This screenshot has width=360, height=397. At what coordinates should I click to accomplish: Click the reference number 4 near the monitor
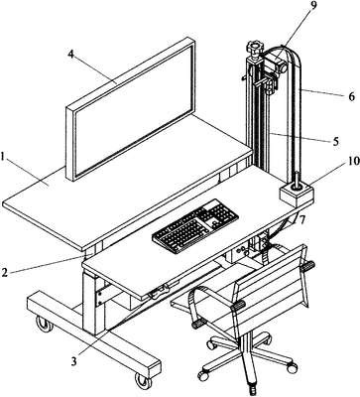tap(71, 55)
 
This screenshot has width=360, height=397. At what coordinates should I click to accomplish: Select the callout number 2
tap(4, 272)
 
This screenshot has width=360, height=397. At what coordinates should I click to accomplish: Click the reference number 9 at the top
tap(313, 7)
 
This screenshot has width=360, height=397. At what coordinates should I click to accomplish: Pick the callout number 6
tap(351, 96)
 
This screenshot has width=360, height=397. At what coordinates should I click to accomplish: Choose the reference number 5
tap(335, 141)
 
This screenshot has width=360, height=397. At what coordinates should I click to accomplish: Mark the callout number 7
tap(301, 219)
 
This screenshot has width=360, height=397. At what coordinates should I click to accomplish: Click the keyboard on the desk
tap(195, 225)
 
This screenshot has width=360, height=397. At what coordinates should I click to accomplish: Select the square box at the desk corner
tap(297, 196)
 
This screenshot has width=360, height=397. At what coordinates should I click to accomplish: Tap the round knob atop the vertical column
tap(255, 49)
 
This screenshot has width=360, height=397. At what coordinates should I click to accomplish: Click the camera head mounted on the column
tap(274, 65)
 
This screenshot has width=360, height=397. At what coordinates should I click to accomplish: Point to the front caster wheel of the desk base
tap(143, 380)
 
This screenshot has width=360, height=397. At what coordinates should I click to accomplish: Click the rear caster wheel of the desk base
tap(44, 325)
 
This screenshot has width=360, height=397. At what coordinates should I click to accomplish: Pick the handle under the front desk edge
tap(159, 293)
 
